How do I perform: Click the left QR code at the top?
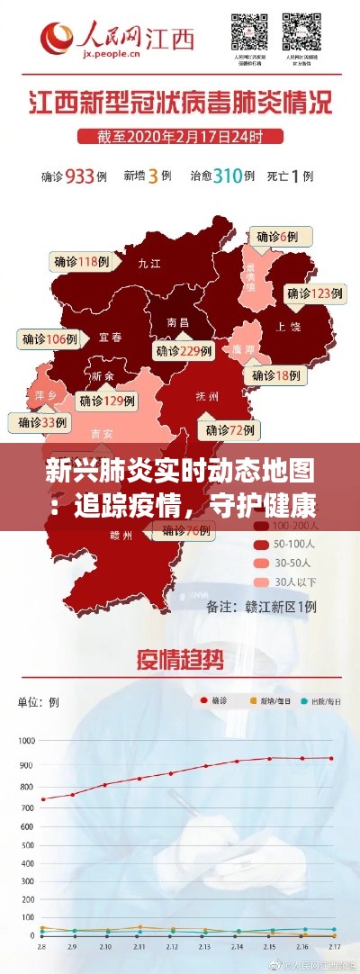click(249, 32)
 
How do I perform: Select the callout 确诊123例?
click(313, 293)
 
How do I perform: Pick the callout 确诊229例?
click(184, 351)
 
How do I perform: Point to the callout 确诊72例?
click(223, 428)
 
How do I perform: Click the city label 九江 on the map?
click(148, 264)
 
